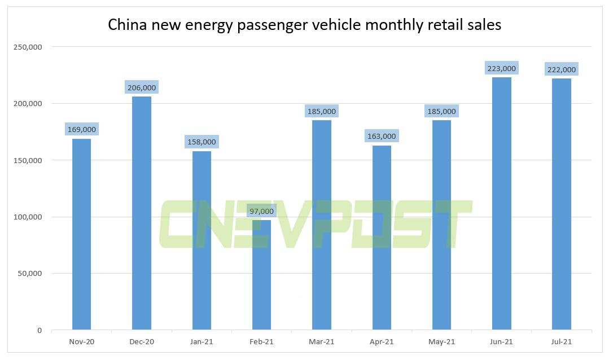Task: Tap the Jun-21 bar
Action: (501, 203)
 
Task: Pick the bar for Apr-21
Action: (382, 238)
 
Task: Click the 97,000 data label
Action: (261, 212)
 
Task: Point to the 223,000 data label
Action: (501, 69)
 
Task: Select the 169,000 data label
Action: (82, 130)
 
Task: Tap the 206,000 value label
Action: (142, 88)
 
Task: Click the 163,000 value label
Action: (382, 136)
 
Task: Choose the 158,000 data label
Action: (201, 142)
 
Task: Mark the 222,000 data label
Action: (561, 70)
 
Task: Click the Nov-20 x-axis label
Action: (82, 342)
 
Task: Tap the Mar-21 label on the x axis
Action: (322, 342)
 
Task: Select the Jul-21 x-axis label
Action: (561, 342)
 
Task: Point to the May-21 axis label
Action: (441, 342)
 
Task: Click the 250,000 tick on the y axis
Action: (28, 47)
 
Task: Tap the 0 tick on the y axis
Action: (40, 331)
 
